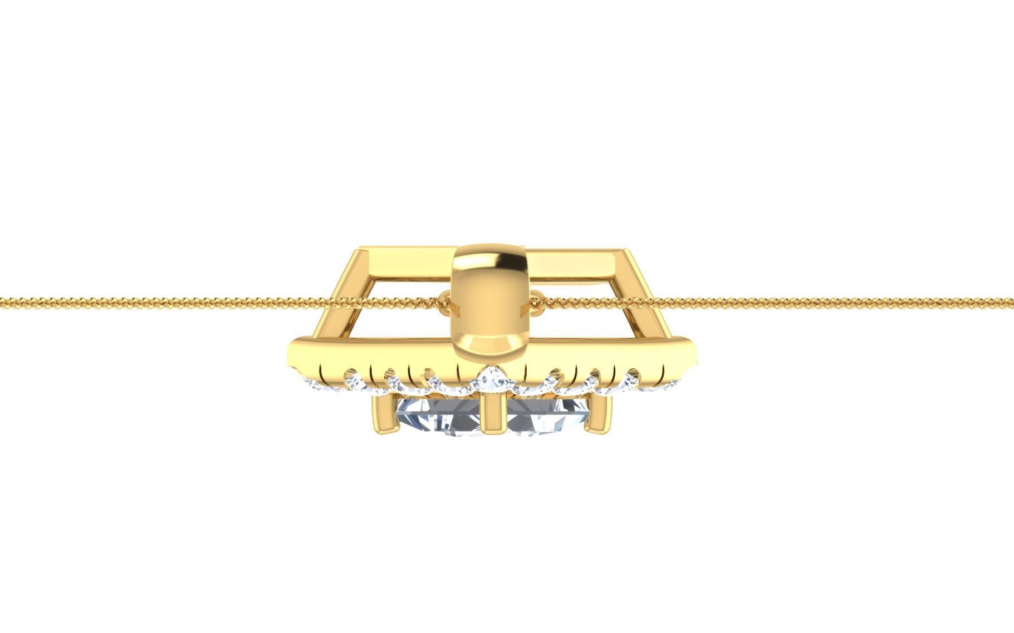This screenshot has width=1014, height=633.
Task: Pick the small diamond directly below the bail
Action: pos(493,380)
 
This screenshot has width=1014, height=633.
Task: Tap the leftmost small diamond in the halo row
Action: pos(315,384)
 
